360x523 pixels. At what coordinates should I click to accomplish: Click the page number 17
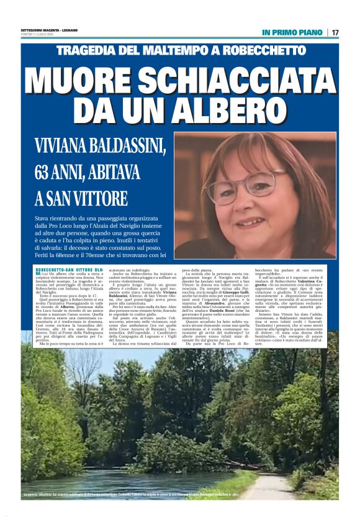pyautogui.click(x=335, y=32)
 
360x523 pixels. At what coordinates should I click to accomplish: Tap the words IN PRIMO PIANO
pyautogui.click(x=292, y=32)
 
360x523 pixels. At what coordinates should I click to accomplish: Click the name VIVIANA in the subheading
pyautogui.click(x=66, y=148)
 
